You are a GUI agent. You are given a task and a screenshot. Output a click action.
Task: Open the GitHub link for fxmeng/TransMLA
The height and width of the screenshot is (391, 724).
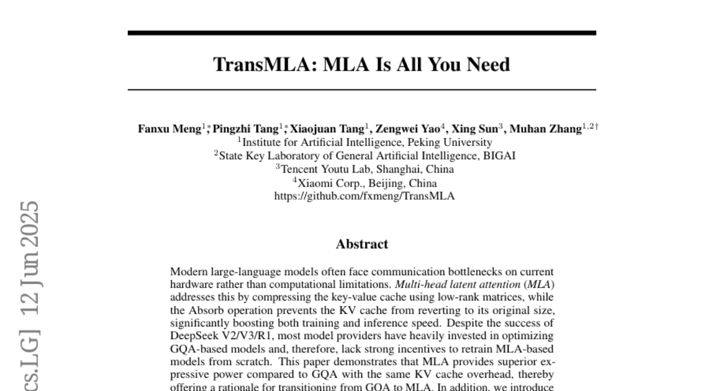point(364,196)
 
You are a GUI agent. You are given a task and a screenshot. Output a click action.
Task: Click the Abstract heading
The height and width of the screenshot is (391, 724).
point(362,244)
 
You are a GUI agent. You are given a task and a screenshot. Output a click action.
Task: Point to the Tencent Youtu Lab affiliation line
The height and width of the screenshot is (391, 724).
point(364,170)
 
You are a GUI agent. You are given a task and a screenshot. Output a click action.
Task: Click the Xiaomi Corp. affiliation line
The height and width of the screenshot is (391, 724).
point(364,183)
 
